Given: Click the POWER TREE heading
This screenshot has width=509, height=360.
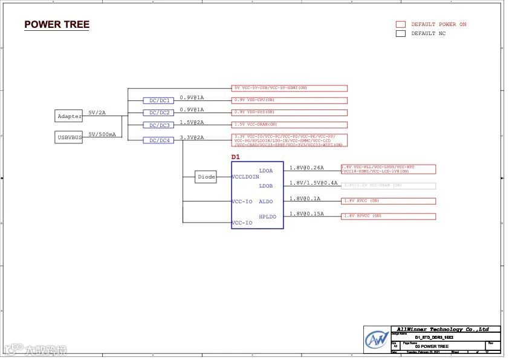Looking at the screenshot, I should (57, 25).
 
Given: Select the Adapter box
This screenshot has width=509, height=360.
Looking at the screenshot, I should (70, 116).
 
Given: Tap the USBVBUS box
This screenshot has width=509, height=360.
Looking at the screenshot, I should (70, 137).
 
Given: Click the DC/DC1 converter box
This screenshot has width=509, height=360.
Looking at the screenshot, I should (160, 100).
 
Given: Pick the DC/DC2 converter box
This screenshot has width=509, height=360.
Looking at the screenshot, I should (160, 113).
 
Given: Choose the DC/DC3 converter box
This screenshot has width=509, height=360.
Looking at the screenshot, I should (160, 125).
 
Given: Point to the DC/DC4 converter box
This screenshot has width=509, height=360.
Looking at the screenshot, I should (160, 140).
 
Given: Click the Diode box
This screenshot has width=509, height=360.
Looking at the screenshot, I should (206, 177).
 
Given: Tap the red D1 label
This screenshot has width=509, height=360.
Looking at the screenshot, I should (236, 157).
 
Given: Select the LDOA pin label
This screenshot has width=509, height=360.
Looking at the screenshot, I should (266, 171).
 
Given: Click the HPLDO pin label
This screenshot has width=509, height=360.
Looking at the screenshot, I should (267, 217).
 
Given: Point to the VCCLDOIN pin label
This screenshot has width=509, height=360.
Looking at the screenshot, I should (245, 177).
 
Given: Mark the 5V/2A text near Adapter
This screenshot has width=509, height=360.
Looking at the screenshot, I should (97, 113).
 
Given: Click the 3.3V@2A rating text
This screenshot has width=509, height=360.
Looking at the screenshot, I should (192, 137).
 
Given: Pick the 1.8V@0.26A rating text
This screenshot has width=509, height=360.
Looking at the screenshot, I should (306, 168).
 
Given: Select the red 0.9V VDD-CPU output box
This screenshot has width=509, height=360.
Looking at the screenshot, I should (290, 100).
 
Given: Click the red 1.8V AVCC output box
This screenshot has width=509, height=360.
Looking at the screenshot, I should (388, 201).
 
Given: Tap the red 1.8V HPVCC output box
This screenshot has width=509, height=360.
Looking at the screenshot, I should (388, 216).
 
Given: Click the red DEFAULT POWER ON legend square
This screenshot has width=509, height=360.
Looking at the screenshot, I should (400, 24).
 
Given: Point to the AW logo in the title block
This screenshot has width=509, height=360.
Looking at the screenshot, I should (377, 339).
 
